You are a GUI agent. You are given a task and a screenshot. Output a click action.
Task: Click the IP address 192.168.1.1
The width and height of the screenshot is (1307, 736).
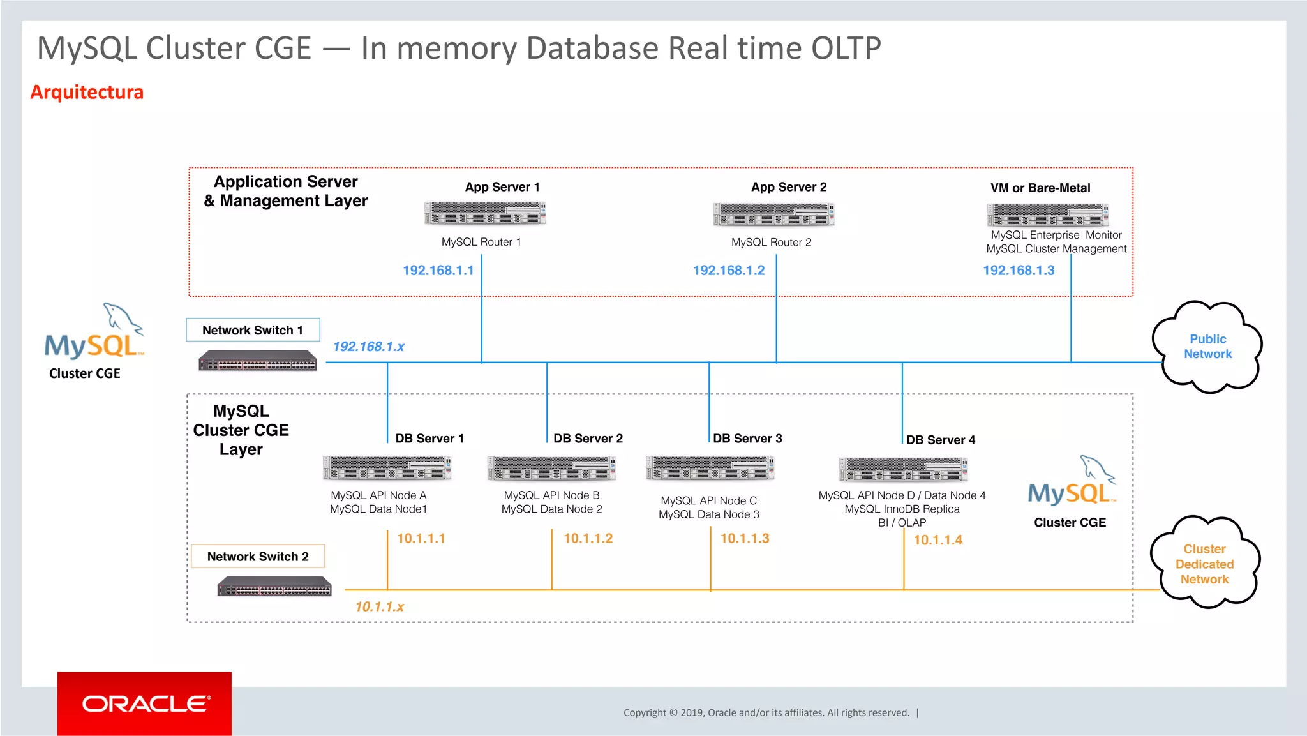438,271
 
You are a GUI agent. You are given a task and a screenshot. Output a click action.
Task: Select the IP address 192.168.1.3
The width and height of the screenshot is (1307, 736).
1019,271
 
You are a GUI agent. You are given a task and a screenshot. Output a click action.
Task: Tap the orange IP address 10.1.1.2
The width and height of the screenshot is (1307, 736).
588,539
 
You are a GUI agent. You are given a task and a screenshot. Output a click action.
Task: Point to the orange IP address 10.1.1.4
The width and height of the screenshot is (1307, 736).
937,540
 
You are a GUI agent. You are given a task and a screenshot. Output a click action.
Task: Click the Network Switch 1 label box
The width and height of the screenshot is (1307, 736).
253,330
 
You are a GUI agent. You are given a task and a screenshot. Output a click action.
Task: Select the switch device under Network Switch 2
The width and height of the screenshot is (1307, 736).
274,586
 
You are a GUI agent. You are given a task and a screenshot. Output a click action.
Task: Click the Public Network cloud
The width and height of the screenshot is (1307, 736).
1207,347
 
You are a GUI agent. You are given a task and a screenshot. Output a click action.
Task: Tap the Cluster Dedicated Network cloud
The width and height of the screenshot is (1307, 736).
1204,564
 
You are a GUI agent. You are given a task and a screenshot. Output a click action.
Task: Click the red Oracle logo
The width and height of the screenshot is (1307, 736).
145,703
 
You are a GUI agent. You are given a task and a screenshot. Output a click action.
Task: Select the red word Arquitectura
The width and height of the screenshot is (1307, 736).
87,92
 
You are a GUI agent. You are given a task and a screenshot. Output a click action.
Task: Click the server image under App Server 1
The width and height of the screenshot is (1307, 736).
485,213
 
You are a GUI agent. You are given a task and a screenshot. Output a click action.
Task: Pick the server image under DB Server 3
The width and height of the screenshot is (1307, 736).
710,468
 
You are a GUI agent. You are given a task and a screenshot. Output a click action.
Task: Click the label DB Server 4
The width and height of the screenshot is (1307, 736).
940,440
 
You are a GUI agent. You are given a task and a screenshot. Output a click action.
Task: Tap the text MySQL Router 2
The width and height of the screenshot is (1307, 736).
771,243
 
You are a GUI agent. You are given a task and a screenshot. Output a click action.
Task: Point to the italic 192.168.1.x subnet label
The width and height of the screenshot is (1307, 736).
368,347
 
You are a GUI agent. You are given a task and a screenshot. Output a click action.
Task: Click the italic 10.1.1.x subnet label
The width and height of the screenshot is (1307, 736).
379,606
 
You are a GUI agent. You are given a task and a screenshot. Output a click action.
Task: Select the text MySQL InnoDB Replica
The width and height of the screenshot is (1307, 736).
902,509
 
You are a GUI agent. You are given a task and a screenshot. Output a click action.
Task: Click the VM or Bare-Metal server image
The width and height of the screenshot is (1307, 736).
1047,215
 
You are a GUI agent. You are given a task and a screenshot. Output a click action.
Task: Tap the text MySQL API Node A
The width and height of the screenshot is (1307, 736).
378,495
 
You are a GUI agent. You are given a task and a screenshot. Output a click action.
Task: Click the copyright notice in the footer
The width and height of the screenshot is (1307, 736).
766,712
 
